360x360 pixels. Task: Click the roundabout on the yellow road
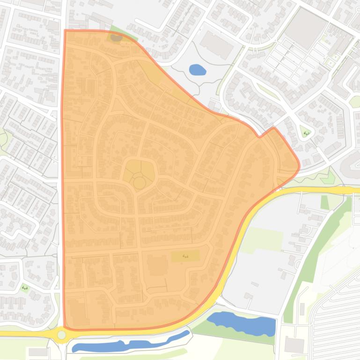(61, 335)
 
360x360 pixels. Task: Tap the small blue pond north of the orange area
(198, 70)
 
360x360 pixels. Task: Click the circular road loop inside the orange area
(139, 182)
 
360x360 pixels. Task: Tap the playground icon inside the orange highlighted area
(185, 256)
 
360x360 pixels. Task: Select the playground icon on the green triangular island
(306, 133)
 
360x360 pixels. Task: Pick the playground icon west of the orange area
(25, 288)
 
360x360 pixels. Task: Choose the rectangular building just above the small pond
(216, 45)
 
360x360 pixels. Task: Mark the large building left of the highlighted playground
(158, 266)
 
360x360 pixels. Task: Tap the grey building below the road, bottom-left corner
(37, 352)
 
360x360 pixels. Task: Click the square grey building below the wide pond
(294, 345)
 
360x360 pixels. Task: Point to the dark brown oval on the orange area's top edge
(116, 37)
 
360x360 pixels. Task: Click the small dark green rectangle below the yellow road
(324, 202)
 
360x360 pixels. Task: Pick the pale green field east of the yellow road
(262, 238)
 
